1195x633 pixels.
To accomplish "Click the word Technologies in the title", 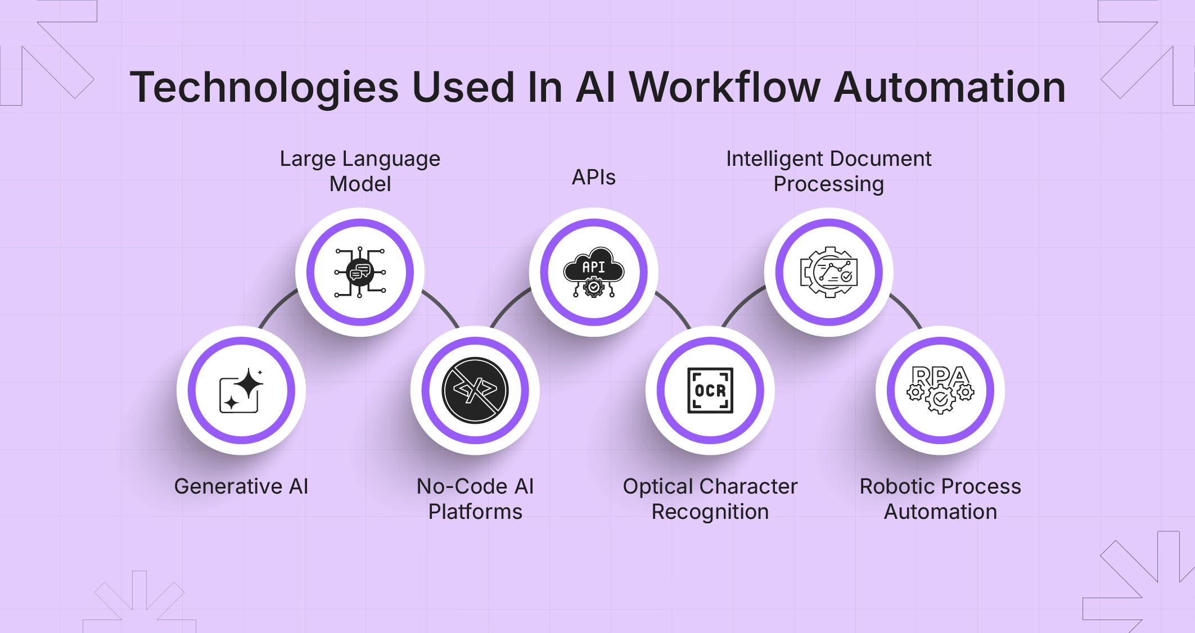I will click(264, 88).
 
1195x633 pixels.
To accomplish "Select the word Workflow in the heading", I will click(724, 88).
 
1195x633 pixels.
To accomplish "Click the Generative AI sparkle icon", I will click(241, 390).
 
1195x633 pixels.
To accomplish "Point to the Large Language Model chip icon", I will click(360, 273).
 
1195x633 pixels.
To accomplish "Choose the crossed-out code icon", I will click(475, 390).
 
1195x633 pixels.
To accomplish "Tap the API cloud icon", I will click(594, 273).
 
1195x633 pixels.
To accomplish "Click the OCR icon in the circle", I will click(710, 390).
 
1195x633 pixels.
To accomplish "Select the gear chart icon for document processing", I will click(829, 273).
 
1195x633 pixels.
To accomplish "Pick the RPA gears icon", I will click(940, 390).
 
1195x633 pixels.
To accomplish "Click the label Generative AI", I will click(241, 486).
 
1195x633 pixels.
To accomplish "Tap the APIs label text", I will click(594, 178).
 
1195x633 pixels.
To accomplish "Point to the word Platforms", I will click(475, 512).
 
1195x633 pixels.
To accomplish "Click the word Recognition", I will click(710, 512).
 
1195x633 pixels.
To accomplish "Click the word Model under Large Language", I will click(360, 184).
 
